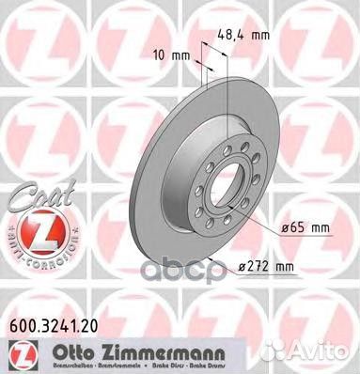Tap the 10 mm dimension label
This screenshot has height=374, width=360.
[175, 55]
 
